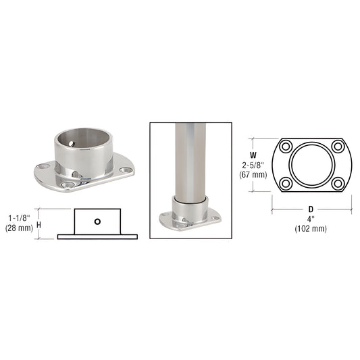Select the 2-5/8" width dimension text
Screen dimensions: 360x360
(253, 164)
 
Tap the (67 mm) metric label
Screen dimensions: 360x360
(253, 175)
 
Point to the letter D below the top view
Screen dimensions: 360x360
(309, 209)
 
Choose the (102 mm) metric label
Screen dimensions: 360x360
(310, 228)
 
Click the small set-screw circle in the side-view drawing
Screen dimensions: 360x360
(98, 221)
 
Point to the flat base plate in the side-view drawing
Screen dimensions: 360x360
(97, 236)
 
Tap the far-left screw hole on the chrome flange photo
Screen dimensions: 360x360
(45, 166)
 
